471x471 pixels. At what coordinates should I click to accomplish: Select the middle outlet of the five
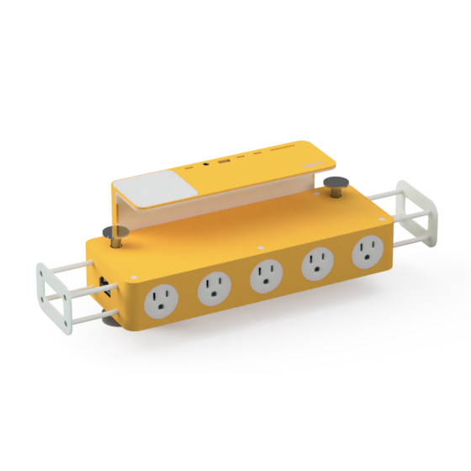point(266,277)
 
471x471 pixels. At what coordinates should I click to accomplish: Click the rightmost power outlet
point(367,250)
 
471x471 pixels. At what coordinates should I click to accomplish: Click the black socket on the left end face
point(103,285)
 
